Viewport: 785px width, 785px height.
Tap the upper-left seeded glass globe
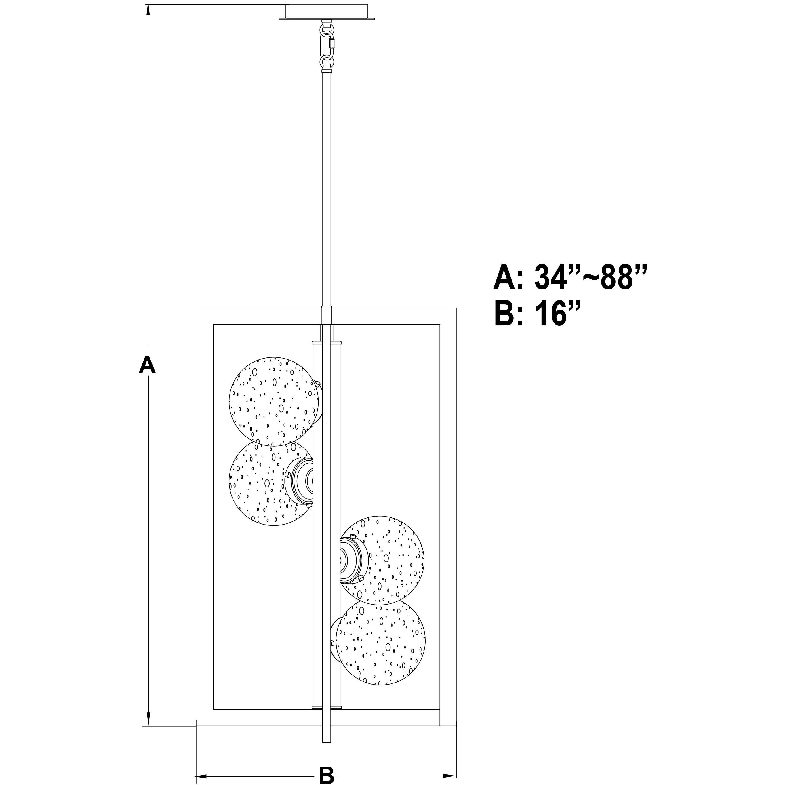click(x=274, y=401)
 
